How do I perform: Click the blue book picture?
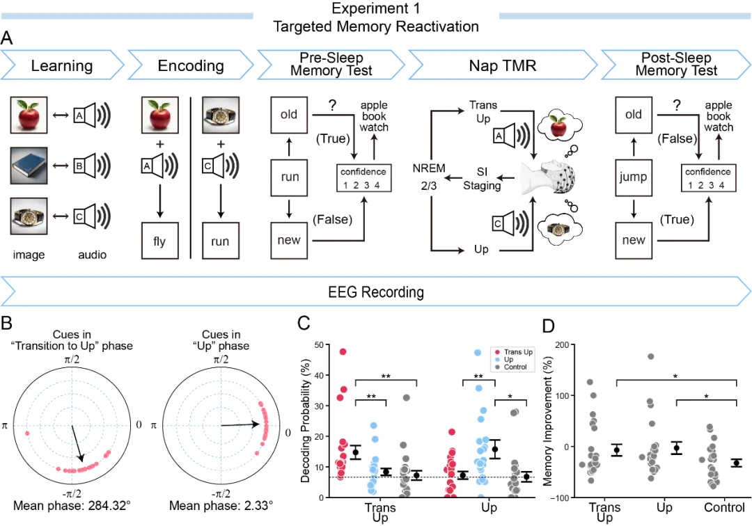click(x=29, y=165)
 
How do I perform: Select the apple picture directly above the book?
click(x=29, y=115)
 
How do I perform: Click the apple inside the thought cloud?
click(x=558, y=127)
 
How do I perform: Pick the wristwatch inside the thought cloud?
click(x=558, y=229)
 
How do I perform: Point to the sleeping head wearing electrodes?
click(x=550, y=177)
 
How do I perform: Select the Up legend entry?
click(x=508, y=360)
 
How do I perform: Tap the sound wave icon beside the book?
click(x=104, y=166)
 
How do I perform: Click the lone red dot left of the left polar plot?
click(x=27, y=433)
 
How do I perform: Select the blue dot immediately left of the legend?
click(x=478, y=353)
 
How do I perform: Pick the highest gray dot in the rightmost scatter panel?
click(x=651, y=356)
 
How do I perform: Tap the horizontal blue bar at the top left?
click(x=127, y=17)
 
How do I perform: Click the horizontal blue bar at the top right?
click(x=624, y=17)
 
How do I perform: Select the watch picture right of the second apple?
click(x=221, y=115)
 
